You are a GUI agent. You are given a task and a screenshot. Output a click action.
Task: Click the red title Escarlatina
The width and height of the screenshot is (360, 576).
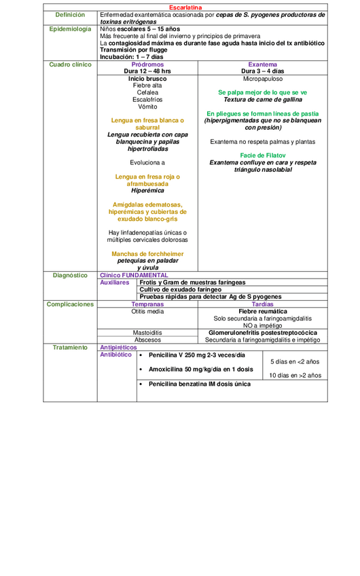(x=185, y=7)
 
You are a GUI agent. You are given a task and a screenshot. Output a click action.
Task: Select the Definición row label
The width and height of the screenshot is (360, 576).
(x=71, y=14)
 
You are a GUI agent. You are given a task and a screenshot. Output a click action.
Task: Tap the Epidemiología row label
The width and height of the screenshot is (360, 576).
(x=71, y=29)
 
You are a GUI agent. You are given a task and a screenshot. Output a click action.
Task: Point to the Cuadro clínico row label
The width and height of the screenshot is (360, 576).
(x=71, y=64)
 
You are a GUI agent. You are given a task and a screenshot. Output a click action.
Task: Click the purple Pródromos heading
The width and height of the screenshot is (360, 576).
(x=147, y=64)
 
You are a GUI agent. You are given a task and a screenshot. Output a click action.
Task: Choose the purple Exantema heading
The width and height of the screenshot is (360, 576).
(x=262, y=64)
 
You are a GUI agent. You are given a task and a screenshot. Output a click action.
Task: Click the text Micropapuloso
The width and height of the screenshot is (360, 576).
(x=262, y=79)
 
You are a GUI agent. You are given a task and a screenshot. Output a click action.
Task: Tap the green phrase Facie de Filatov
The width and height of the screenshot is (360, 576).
(x=262, y=156)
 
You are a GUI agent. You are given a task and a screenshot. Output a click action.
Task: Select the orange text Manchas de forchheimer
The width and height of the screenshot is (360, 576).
(x=147, y=253)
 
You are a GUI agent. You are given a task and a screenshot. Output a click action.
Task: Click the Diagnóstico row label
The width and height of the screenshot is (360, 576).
(x=71, y=275)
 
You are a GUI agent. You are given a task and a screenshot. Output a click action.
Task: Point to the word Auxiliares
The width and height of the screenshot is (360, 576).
(x=114, y=282)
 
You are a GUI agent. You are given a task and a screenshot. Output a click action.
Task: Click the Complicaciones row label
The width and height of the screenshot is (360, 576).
(x=71, y=304)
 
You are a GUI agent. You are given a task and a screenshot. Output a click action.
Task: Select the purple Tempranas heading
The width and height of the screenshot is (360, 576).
(x=147, y=304)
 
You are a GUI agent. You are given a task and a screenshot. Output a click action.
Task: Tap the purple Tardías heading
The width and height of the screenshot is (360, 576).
(x=262, y=304)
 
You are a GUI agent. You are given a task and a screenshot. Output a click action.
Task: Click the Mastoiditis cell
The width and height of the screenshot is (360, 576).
(x=147, y=333)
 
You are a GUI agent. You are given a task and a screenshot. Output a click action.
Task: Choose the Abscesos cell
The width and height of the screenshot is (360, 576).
(x=147, y=340)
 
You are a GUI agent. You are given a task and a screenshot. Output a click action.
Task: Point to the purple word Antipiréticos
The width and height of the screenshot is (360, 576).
(x=118, y=347)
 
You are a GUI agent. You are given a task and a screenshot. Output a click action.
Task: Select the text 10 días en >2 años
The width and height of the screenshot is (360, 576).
(x=295, y=375)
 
